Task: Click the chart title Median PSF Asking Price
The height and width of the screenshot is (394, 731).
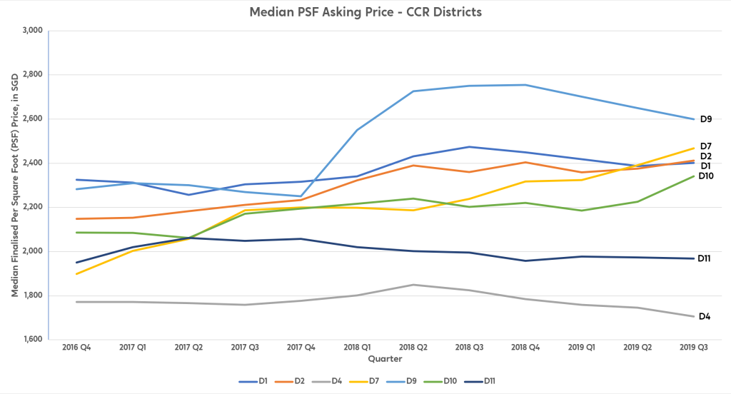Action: [365, 12]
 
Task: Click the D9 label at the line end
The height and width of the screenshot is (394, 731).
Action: [705, 119]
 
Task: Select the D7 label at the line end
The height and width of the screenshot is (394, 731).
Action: [705, 146]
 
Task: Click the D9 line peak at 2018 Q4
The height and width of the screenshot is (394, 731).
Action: [525, 85]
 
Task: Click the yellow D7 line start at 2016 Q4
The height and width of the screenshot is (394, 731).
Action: [76, 274]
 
